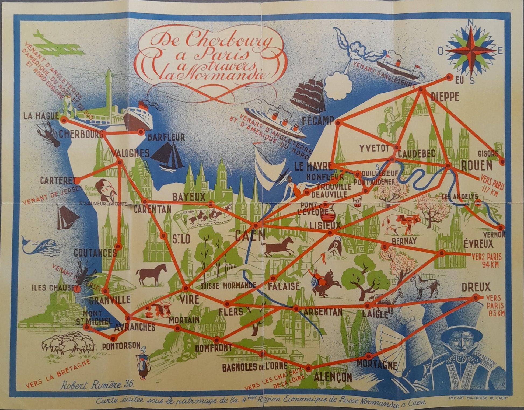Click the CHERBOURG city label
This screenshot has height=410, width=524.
(81, 134)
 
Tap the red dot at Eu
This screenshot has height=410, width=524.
(449, 78)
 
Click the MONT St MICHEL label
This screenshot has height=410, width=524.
(97, 318)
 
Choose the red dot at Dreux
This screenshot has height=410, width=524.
(476, 297)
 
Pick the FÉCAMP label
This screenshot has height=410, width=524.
(318, 121)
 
